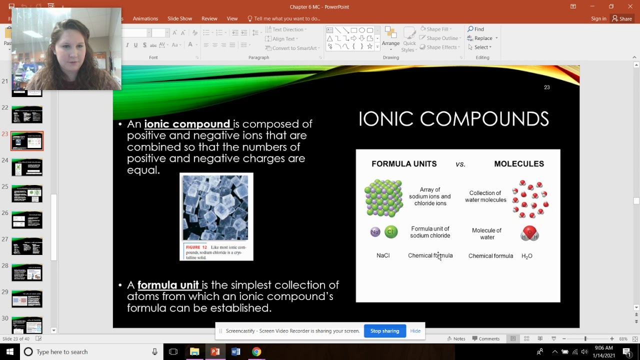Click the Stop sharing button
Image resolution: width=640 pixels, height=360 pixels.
(x=384, y=331)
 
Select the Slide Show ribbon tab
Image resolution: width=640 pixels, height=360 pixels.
(x=179, y=18)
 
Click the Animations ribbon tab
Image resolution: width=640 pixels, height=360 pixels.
(x=145, y=18)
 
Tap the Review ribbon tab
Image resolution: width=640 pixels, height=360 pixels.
(x=209, y=18)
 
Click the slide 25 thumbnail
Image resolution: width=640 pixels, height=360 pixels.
(x=27, y=193)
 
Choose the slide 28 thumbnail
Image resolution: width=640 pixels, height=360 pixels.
(x=27, y=272)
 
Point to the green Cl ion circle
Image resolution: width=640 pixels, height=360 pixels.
(x=391, y=232)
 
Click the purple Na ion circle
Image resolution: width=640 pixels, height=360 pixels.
(x=375, y=232)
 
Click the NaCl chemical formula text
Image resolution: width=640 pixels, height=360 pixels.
(x=383, y=255)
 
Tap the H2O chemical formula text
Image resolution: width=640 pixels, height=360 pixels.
(x=527, y=256)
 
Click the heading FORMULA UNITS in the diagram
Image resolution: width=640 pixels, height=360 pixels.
(x=404, y=164)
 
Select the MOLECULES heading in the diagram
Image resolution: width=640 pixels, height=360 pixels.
(x=519, y=164)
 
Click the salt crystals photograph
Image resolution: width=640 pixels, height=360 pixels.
(x=216, y=207)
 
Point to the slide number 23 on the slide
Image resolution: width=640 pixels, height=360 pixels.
(x=546, y=87)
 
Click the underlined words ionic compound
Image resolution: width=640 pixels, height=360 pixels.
(x=187, y=124)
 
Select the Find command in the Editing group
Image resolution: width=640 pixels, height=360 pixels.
(x=476, y=29)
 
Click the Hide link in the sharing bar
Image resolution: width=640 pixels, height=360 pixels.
(x=415, y=331)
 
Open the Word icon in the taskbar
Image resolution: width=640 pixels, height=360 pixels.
(x=236, y=352)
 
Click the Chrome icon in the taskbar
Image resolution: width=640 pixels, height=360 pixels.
(x=256, y=352)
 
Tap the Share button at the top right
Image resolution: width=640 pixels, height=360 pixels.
(x=622, y=18)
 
